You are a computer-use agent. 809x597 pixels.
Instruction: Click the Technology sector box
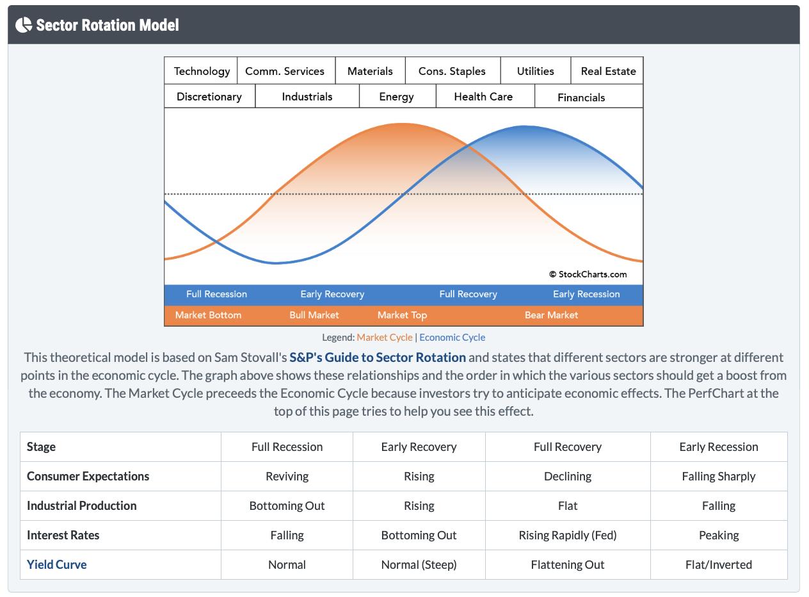[x=202, y=71]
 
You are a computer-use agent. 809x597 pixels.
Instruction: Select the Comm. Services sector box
[x=285, y=71]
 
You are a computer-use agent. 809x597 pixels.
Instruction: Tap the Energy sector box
[x=396, y=97]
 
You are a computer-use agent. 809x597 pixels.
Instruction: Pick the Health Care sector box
[x=483, y=97]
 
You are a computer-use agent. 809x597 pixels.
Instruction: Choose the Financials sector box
[x=581, y=97]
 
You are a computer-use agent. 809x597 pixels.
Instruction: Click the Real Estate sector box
[x=608, y=71]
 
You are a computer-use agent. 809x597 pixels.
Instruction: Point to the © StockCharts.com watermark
[x=588, y=274]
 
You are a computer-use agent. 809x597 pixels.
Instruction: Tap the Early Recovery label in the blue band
[x=332, y=294]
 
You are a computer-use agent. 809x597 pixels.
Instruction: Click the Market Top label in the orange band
[x=402, y=315]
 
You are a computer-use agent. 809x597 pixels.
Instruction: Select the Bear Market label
[x=551, y=315]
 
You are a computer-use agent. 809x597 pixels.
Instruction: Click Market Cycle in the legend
[x=385, y=338]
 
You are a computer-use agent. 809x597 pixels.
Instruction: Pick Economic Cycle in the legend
[x=453, y=338]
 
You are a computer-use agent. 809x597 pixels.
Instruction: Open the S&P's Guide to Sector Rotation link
[x=378, y=357]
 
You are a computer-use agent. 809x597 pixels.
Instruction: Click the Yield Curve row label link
[x=57, y=564]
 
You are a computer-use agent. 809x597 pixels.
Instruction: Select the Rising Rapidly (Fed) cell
[x=568, y=535]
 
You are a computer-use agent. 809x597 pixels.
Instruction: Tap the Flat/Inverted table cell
[x=719, y=564]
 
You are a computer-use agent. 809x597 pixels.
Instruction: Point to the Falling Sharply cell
[x=719, y=476]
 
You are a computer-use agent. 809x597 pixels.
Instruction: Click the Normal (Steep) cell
[x=419, y=564]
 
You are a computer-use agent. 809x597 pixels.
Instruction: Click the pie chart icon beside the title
[x=24, y=25]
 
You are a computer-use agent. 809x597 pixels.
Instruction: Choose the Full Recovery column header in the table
[x=568, y=446]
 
